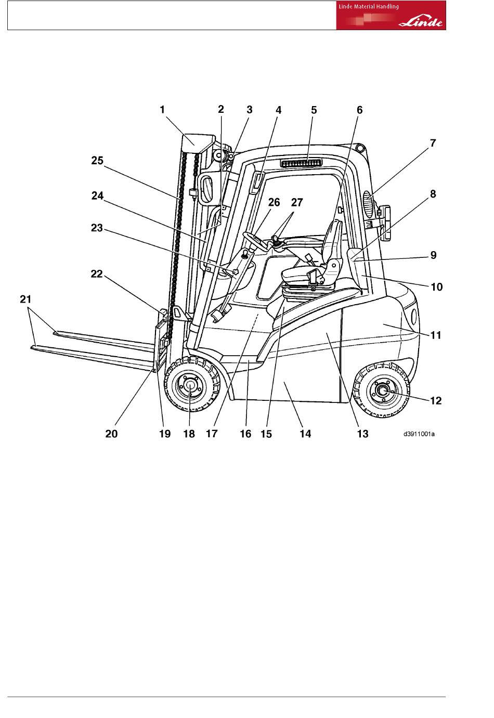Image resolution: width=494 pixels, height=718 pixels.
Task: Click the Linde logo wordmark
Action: coord(420,22)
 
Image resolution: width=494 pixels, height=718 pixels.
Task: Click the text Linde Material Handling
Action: coord(369,7)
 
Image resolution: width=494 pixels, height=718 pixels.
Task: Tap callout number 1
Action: coord(162,110)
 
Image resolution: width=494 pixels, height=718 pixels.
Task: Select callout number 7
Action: coord(433,143)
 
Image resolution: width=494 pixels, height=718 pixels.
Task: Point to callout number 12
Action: coord(436,400)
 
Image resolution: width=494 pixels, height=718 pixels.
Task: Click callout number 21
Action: coord(25,299)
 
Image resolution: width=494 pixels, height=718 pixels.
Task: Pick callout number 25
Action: coord(97,160)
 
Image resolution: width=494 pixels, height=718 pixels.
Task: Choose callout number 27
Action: coord(297,202)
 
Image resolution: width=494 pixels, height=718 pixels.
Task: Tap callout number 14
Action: coord(305,434)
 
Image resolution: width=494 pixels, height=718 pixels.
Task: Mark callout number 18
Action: coord(189,434)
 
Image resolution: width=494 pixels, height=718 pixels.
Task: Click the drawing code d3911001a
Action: coord(419,434)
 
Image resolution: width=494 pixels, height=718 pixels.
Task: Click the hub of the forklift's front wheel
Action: coord(190,386)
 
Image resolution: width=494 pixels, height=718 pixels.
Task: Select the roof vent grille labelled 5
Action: coord(301,163)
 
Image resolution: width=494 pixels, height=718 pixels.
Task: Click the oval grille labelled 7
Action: coord(369,205)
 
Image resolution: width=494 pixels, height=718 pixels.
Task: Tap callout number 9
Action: coord(433,255)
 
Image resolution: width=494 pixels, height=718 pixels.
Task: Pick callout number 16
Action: coord(245,434)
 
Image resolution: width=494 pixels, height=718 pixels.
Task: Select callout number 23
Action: coord(97,228)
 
